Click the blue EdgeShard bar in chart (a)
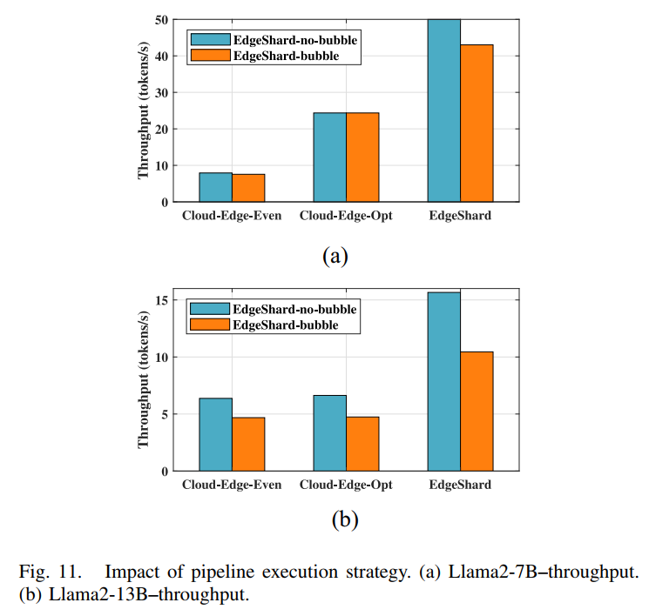click(x=443, y=110)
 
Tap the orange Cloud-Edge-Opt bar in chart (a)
click(x=362, y=157)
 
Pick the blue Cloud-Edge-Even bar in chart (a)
click(x=215, y=187)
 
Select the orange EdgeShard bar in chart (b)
click(x=477, y=411)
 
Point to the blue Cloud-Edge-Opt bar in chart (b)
click(x=329, y=432)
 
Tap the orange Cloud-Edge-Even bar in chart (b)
click(x=248, y=444)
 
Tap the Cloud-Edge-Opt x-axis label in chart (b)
click(x=346, y=485)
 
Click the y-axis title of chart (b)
click(x=143, y=380)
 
